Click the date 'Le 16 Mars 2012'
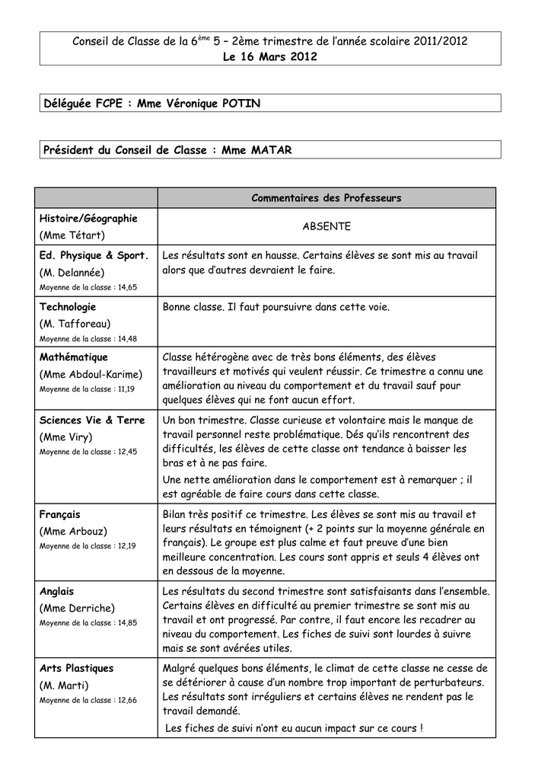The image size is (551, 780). click(270, 57)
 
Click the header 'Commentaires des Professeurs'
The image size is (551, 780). click(326, 198)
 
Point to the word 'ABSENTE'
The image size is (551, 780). click(326, 226)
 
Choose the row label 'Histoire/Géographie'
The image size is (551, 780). click(88, 219)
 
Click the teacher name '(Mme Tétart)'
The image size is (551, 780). click(72, 235)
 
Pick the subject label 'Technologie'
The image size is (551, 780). click(68, 307)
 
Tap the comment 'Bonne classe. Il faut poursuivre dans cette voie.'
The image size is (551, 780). click(276, 307)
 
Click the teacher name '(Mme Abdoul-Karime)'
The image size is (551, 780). click(91, 374)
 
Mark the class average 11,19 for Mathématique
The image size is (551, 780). click(121, 388)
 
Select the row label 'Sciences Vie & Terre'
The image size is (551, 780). click(92, 420)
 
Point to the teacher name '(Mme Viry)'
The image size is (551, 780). click(65, 437)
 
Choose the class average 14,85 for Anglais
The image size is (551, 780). click(123, 622)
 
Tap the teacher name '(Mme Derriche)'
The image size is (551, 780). click(77, 608)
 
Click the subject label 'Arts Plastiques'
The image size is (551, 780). click(76, 668)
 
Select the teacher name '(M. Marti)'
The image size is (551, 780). click(64, 686)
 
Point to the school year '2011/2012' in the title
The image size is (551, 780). click(441, 41)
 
